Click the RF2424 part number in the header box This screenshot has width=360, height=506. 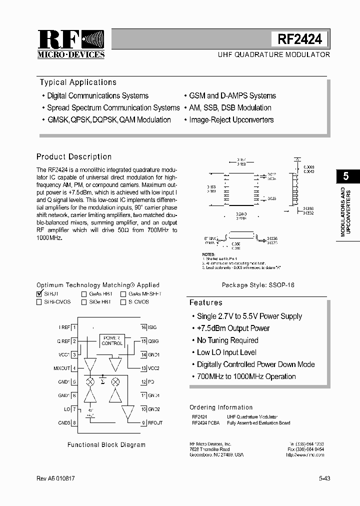[299, 39]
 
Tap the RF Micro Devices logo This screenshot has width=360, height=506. [71, 44]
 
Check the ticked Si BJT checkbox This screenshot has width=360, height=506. [39, 294]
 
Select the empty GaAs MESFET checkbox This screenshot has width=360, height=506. [123, 294]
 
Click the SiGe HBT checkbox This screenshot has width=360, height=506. [84, 302]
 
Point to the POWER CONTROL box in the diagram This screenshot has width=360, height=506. [112, 340]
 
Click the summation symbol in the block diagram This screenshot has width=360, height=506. [102, 381]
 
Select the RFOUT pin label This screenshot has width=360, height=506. [155, 423]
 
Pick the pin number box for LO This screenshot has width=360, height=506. [74, 409]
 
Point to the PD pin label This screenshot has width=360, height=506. [150, 382]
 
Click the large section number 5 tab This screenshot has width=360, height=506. [346, 176]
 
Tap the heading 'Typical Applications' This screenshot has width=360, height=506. [78, 82]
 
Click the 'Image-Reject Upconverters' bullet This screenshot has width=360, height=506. [231, 120]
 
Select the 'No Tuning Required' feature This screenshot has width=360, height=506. [227, 340]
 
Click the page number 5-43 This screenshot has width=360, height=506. [324, 478]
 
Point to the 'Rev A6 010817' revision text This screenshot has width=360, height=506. [55, 478]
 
